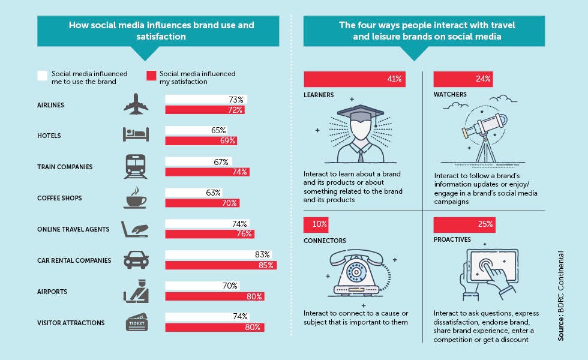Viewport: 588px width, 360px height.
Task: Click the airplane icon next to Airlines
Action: (x=136, y=104)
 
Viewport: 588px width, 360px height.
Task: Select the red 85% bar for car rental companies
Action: (x=221, y=265)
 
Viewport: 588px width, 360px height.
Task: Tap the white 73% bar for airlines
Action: (x=206, y=100)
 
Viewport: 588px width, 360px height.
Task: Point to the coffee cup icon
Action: (x=136, y=197)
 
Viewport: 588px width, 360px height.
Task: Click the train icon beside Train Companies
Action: (x=136, y=167)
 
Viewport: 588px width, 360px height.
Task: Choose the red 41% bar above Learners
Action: (x=355, y=79)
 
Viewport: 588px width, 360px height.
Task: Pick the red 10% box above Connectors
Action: (x=316, y=224)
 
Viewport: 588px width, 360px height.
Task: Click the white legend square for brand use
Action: (x=43, y=76)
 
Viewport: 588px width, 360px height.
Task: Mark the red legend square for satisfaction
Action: (x=151, y=76)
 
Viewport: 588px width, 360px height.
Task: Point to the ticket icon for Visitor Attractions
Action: (x=137, y=322)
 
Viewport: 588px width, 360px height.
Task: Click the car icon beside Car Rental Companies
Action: (x=136, y=260)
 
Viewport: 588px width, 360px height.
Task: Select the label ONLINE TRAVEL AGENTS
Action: (x=73, y=229)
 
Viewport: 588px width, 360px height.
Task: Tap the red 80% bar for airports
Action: (x=215, y=296)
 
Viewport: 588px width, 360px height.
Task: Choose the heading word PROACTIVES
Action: (x=452, y=239)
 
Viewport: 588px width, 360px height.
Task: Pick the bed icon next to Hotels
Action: (x=136, y=134)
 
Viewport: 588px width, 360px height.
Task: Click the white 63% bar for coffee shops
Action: (x=193, y=193)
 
